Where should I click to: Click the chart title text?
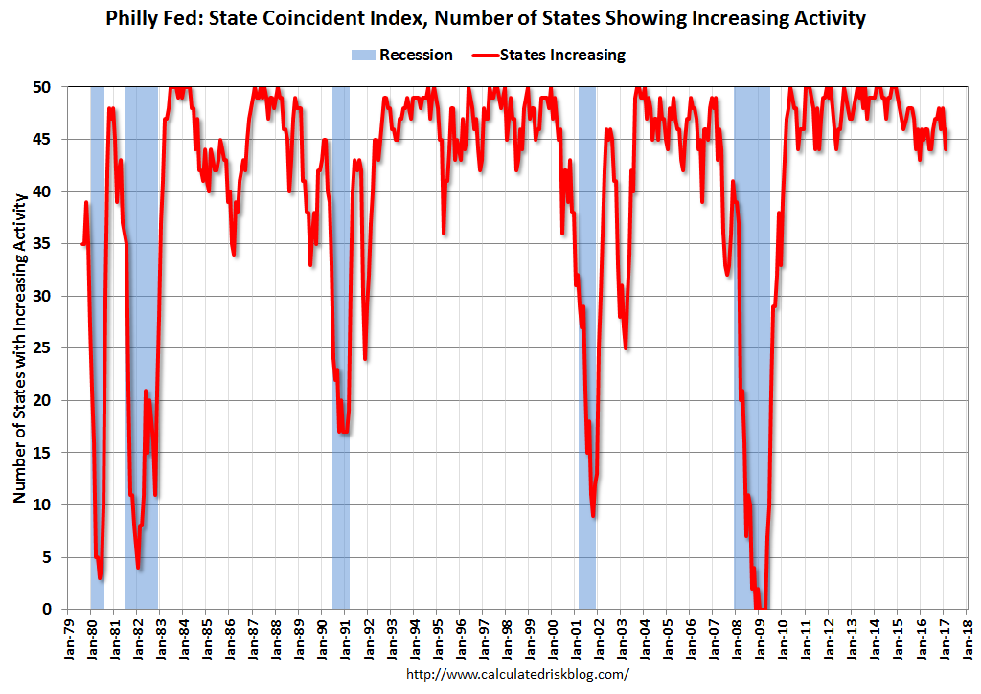[490, 17]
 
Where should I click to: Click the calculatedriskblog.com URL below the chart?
[517, 674]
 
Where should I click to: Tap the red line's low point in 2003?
[626, 347]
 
